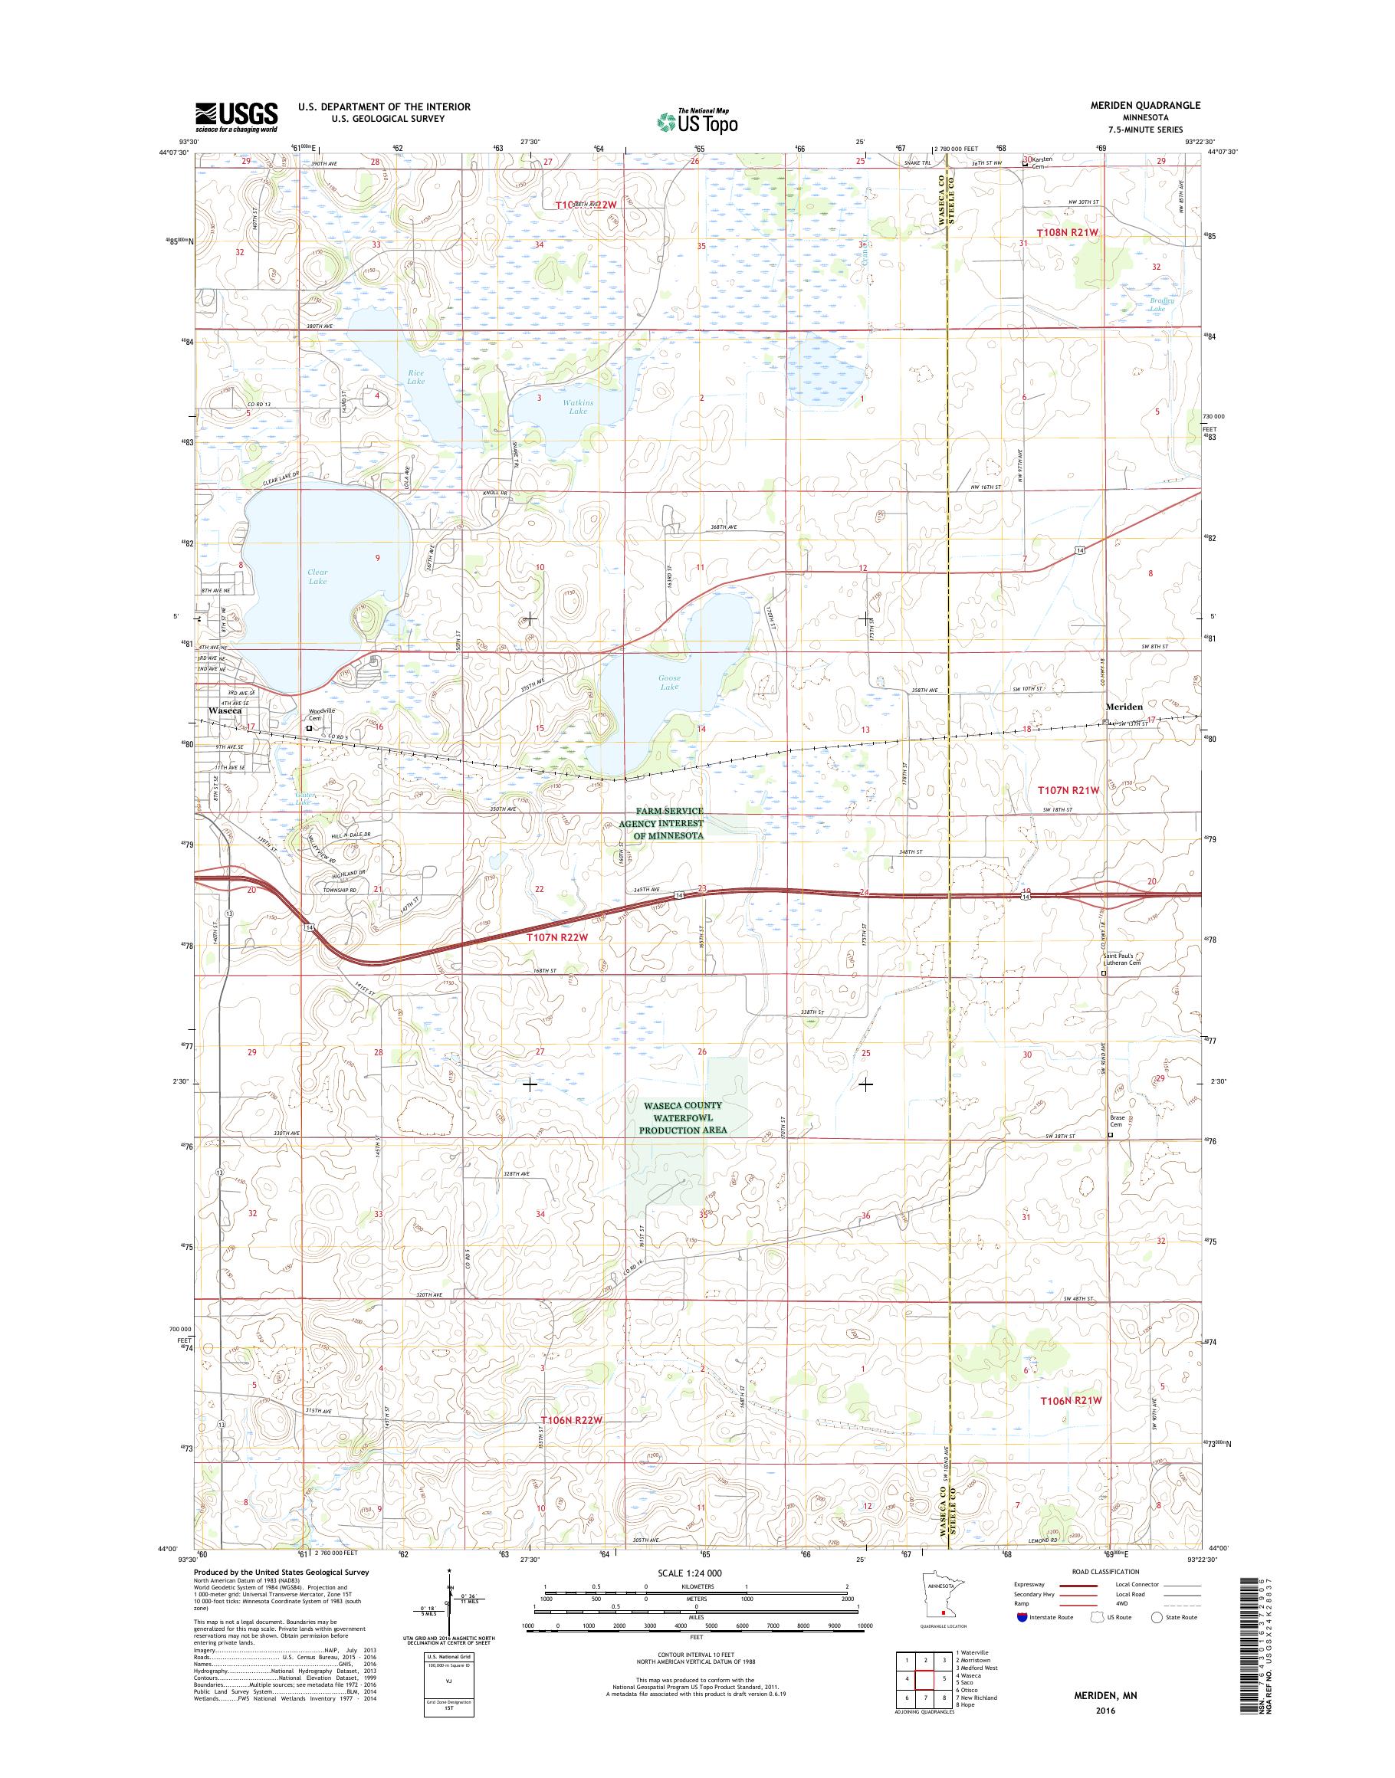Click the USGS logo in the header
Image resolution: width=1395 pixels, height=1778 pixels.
tap(236, 116)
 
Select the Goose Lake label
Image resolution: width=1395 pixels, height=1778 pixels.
tap(669, 682)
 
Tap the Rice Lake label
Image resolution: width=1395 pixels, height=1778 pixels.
tap(415, 376)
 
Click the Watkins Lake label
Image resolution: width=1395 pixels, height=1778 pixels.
tap(577, 407)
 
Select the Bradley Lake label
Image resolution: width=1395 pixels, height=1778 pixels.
tap(1161, 303)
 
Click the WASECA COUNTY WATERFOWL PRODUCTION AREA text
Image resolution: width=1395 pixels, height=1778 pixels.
tap(681, 1117)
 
